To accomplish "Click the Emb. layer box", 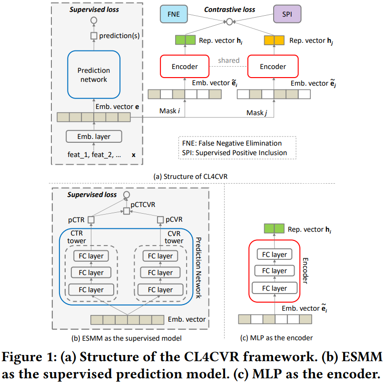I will (94, 137).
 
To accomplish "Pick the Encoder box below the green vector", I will (185, 67).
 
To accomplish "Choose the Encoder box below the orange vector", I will (273, 67).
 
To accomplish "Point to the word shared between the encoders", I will (228, 60).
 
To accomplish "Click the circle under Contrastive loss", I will (229, 21).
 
